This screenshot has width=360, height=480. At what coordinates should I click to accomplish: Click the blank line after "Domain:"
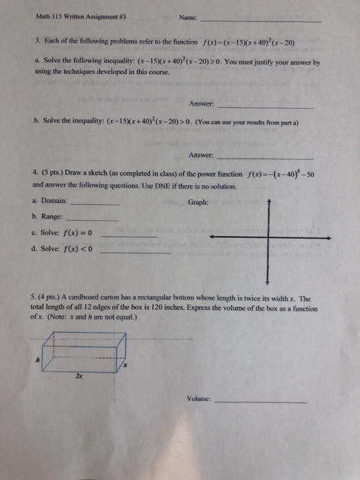95,204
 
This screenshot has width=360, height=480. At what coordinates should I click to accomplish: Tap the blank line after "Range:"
94,219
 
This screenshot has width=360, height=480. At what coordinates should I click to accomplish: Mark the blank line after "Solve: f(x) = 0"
128,237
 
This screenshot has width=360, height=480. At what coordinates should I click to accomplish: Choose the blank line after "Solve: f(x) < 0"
135,253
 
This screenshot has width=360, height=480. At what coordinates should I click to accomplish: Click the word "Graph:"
197,202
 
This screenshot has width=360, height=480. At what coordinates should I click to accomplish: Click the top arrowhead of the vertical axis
269,201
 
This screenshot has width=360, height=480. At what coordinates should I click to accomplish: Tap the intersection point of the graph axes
269,237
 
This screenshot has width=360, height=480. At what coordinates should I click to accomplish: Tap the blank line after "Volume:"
261,402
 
